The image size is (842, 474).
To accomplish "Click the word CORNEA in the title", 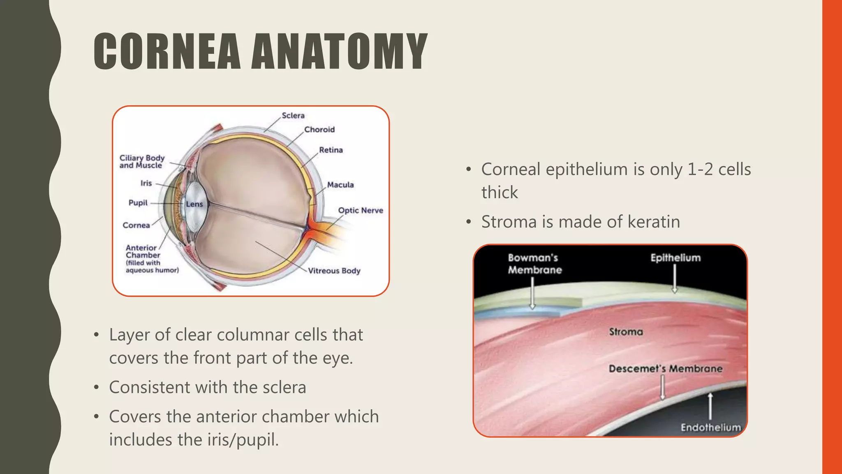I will coord(167,51).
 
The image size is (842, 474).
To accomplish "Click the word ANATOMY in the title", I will coord(340,51).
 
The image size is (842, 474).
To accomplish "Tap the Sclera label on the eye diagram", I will coord(293,116).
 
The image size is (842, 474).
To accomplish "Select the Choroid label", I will coord(319,130).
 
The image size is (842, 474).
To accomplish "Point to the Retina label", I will coord(331,150).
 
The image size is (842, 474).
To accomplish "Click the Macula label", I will coord(340,185).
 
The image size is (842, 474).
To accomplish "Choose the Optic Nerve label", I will coord(361,210).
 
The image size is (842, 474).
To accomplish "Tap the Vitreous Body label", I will coord(334,271).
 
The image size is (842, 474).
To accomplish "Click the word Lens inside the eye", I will coord(194,204).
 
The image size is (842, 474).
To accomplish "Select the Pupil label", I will coord(138,203).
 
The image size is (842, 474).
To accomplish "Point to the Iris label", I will coord(146,183).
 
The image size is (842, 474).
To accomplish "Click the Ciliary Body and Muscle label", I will coord(142,161).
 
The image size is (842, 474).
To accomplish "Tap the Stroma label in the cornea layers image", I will coord(626,332).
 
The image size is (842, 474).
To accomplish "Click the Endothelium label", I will coord(710,428).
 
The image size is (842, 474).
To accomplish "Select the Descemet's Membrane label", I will coord(665,369).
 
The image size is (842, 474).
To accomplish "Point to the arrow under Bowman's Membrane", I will coord(532,293).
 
